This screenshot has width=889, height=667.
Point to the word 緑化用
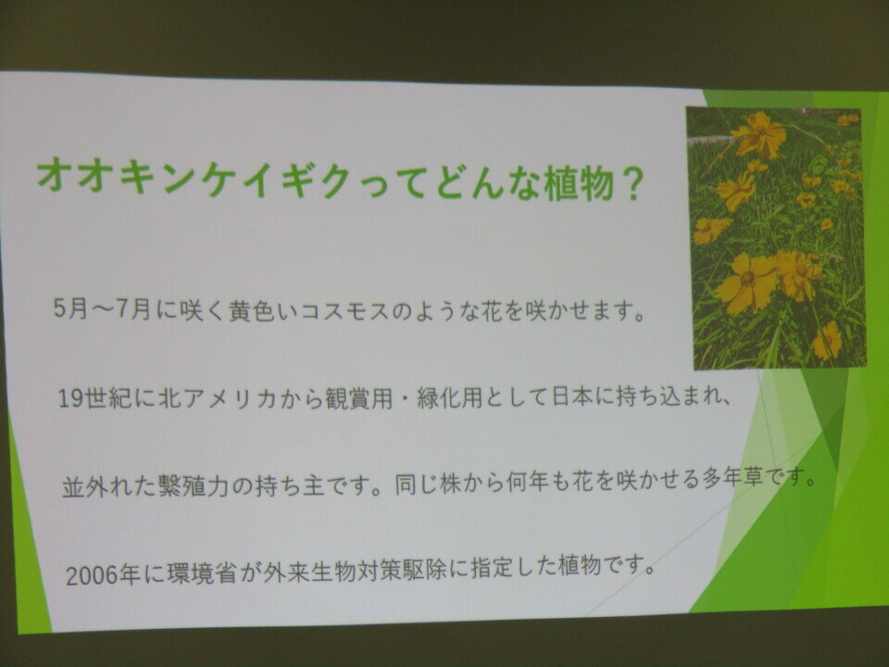pyautogui.click(x=451, y=397)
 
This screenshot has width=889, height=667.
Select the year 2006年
pyautogui.click(x=103, y=574)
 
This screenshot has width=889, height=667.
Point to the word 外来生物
pyautogui.click(x=307, y=572)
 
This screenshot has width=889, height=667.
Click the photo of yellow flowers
pyautogui.click(x=776, y=238)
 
